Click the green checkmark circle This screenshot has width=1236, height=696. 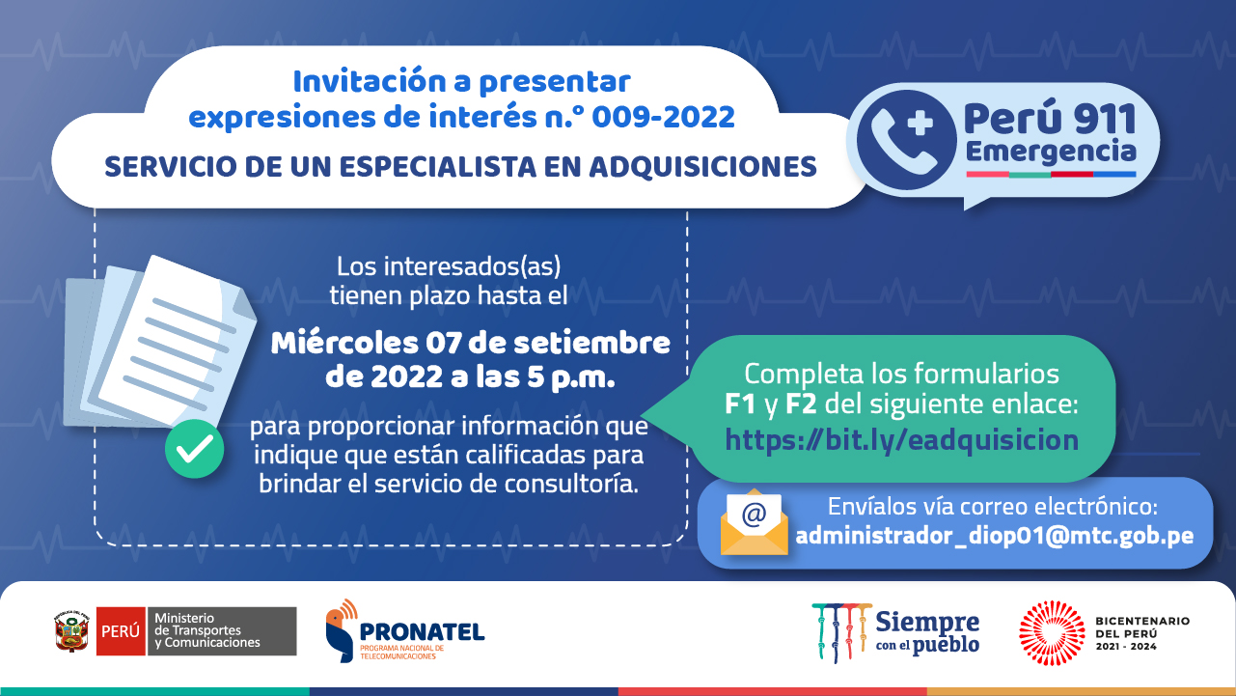(194, 449)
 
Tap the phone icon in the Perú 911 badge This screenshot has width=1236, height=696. (906, 140)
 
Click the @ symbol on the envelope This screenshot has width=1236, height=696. (754, 514)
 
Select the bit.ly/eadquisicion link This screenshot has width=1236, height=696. (901, 440)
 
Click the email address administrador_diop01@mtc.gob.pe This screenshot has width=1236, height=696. (995, 536)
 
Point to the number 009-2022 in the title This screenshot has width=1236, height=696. (663, 117)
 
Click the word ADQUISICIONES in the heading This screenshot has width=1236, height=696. (702, 167)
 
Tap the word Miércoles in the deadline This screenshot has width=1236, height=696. (344, 343)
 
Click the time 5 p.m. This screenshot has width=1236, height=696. (571, 378)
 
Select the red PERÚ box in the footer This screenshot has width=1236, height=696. (121, 631)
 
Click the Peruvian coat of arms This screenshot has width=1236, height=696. (71, 631)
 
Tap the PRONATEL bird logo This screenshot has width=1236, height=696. (342, 630)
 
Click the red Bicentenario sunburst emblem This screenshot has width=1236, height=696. (1052, 632)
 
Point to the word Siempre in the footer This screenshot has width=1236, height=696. (927, 622)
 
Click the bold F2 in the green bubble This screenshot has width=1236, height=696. (801, 404)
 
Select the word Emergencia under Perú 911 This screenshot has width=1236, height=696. (1051, 152)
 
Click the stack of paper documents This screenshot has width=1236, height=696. (160, 342)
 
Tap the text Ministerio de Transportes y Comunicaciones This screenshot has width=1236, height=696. (206, 630)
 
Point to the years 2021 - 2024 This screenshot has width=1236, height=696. (1126, 647)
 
